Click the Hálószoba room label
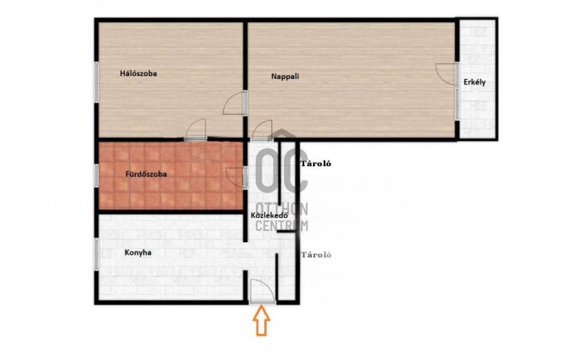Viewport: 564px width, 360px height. pyautogui.click(x=138, y=74)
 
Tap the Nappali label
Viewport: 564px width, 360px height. pyautogui.click(x=285, y=77)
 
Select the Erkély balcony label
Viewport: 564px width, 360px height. pyautogui.click(x=474, y=82)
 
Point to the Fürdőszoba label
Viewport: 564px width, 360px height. pyautogui.click(x=146, y=174)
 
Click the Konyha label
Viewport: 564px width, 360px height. pyautogui.click(x=137, y=253)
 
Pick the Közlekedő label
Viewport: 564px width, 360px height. pyautogui.click(x=269, y=216)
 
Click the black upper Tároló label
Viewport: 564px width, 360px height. pyautogui.click(x=316, y=164)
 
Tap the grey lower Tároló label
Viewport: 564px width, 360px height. pyautogui.click(x=316, y=255)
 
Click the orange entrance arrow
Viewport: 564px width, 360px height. pyautogui.click(x=262, y=321)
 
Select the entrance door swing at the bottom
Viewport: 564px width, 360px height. pyautogui.click(x=263, y=290)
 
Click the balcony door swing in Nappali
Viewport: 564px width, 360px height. pyautogui.click(x=446, y=74)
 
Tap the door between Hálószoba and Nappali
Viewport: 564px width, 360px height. pyautogui.click(x=235, y=103)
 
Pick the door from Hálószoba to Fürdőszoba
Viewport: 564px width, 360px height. pyautogui.click(x=195, y=130)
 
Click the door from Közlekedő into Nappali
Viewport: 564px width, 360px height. pyautogui.click(x=262, y=130)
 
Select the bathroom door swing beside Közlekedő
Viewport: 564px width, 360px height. pyautogui.click(x=236, y=177)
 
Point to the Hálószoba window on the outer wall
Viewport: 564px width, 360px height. pyautogui.click(x=97, y=82)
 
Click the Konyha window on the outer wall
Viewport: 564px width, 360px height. pyautogui.click(x=97, y=254)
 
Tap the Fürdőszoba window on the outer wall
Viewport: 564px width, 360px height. pyautogui.click(x=97, y=175)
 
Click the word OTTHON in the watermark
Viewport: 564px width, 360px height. pyautogui.click(x=281, y=209)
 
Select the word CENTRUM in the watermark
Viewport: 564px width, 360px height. pyautogui.click(x=281, y=225)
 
